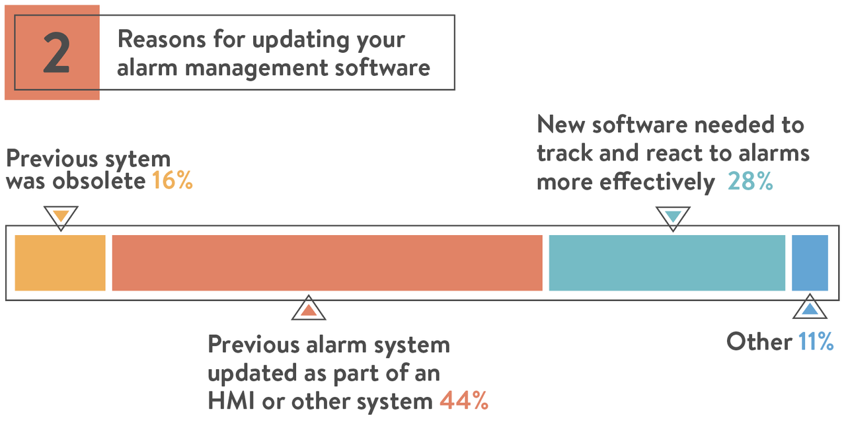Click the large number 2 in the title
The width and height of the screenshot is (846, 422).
coord(57,52)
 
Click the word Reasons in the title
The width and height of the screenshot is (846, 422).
coord(162,39)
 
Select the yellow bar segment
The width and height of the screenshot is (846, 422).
coord(60,263)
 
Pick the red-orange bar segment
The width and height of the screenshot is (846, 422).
coord(327,263)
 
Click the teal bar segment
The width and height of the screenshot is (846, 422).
coord(667,263)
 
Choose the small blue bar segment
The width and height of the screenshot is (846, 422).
coord(810,263)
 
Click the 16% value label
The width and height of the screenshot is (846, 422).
coord(173,180)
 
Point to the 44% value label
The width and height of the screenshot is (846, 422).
coord(464,400)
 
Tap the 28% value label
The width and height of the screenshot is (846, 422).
coord(750,181)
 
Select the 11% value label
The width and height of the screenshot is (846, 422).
coord(816,341)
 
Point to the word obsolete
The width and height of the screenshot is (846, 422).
coord(99,180)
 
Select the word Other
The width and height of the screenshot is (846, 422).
coord(759,341)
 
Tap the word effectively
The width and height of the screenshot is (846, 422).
coord(657,182)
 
